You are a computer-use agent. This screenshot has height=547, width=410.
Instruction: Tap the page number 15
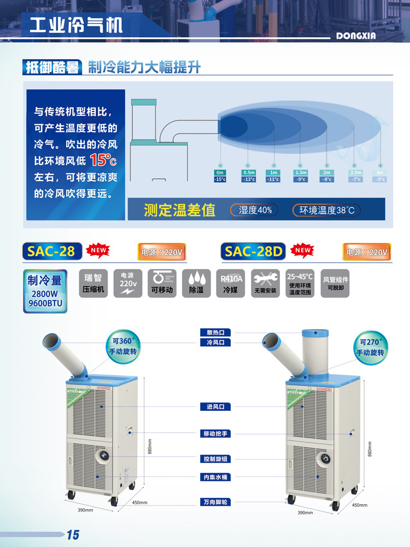[73, 534]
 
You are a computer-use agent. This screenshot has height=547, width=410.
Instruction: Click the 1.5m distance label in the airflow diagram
[301, 172]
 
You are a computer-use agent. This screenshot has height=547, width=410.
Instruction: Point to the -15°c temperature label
[220, 179]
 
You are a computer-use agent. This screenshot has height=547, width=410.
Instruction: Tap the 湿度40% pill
[255, 210]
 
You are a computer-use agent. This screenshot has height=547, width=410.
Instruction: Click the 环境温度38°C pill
[326, 210]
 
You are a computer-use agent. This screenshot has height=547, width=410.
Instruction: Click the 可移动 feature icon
[161, 283]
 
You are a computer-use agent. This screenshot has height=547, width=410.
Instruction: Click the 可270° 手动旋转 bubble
[370, 347]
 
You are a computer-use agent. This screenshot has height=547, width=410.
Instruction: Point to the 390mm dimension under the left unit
[85, 510]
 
